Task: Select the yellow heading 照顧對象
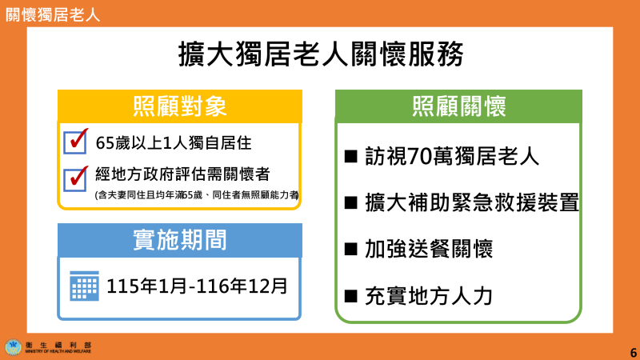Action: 179,106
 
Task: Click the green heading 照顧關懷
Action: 458,106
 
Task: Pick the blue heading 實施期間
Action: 179,239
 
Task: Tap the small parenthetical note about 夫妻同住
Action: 196,194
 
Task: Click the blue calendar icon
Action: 84,285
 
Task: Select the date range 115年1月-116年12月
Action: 197,286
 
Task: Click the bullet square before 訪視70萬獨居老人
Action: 350,155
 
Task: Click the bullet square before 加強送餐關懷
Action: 350,248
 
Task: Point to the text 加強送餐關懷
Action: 428,249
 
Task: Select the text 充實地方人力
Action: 428,296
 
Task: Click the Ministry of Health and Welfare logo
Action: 14,347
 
